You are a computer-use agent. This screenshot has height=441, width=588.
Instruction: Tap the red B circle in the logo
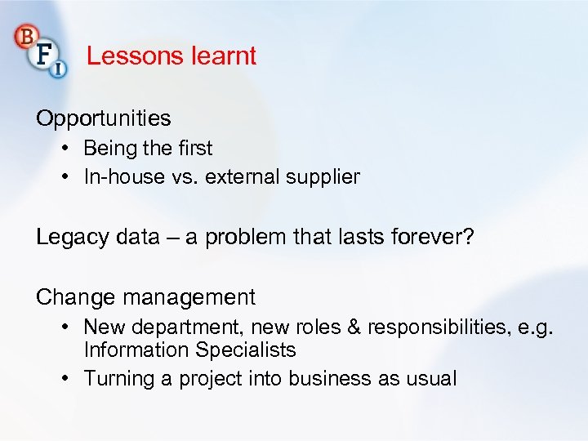click(25, 37)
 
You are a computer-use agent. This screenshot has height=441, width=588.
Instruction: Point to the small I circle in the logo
click(59, 70)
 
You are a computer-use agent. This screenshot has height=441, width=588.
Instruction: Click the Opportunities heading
click(103, 118)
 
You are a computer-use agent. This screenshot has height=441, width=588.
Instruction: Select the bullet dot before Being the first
click(65, 148)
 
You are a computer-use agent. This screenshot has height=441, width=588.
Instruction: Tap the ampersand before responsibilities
click(353, 327)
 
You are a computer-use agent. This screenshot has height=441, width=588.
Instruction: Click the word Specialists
click(246, 350)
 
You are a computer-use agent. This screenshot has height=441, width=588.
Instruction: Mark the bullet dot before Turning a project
click(65, 378)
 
